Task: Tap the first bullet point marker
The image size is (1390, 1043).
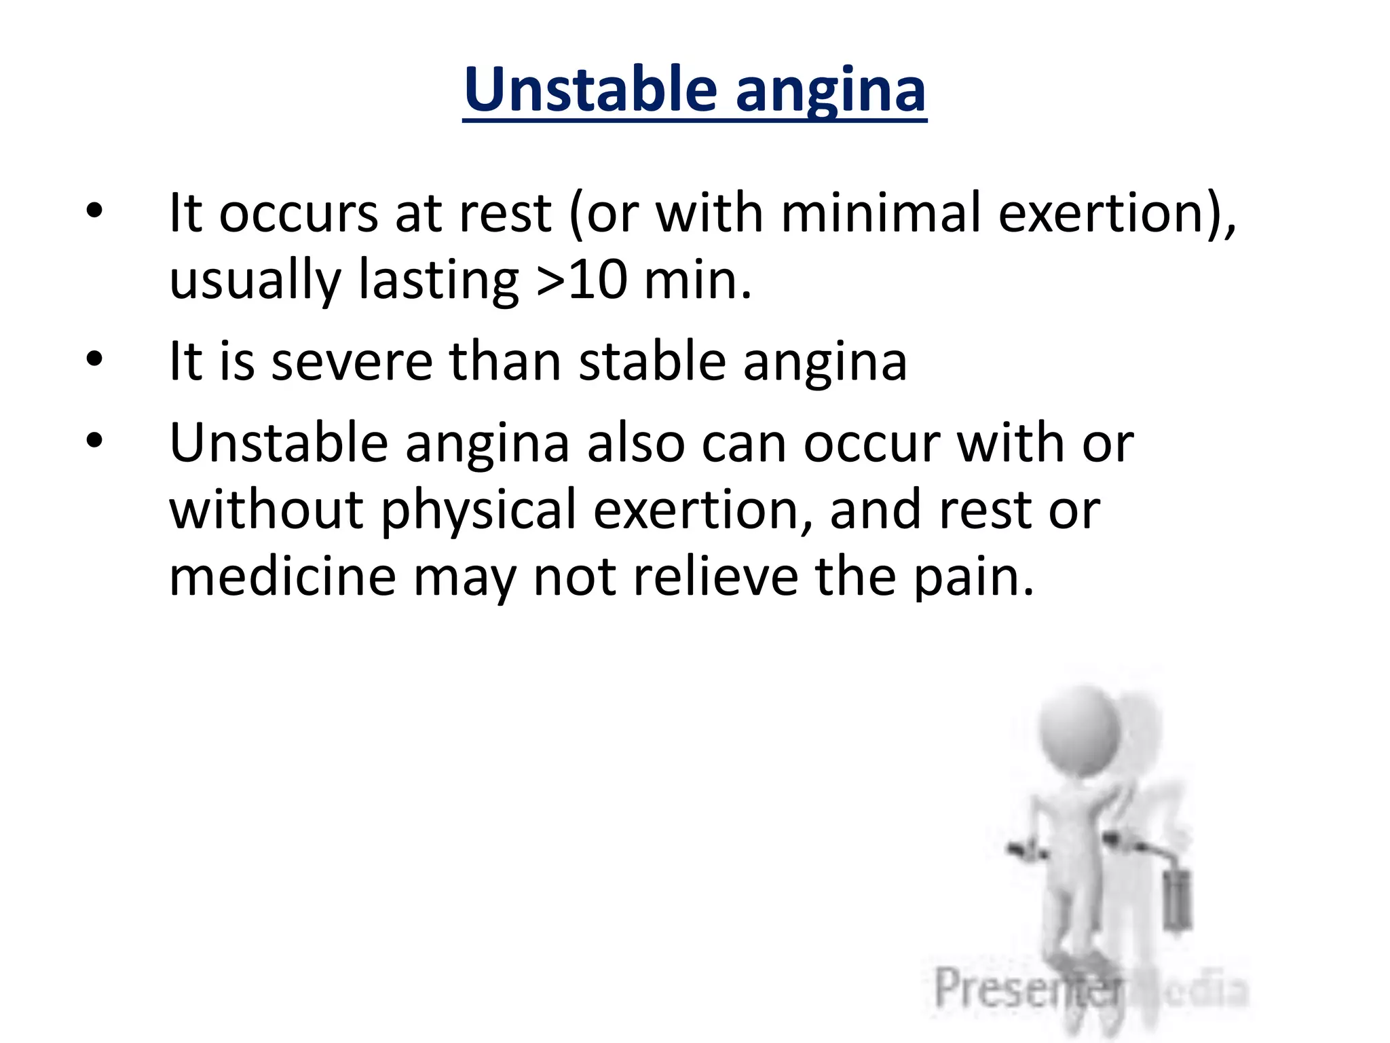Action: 94,210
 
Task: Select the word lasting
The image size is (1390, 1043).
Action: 438,281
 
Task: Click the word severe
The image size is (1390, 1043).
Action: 352,361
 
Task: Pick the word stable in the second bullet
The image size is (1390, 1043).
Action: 652,361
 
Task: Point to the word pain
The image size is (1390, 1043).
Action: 973,579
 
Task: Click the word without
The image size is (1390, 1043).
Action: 265,509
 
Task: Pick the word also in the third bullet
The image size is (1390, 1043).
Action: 636,443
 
